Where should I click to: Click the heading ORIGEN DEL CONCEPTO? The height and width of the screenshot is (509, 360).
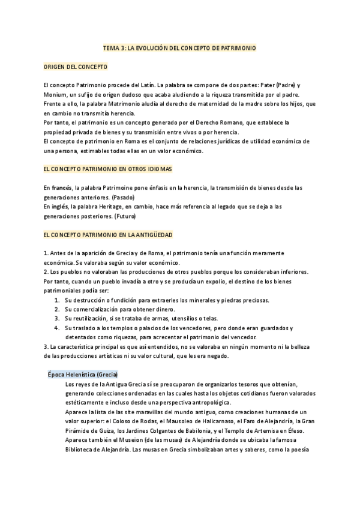coord(76,67)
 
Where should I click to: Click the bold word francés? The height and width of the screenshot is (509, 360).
coord(61,188)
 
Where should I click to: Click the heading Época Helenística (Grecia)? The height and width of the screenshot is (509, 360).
coord(83,374)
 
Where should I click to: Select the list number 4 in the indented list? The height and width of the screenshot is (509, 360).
coord(56,328)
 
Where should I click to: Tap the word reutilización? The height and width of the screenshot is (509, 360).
coord(89,318)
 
